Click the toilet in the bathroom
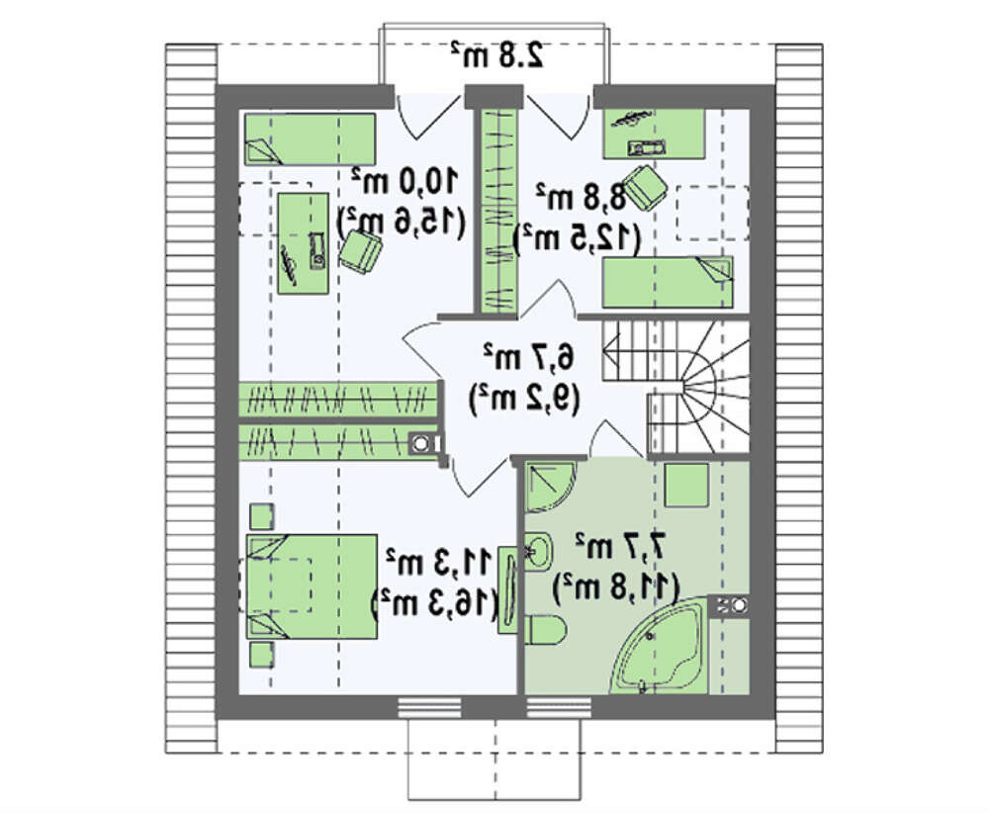tap(546, 630)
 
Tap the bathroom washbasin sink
tap(538, 551)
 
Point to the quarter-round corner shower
tap(549, 487)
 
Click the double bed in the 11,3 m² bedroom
tap(312, 587)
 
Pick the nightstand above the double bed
tap(262, 516)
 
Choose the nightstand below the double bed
tap(262, 655)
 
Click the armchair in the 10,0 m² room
tap(361, 251)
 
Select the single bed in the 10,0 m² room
tap(310, 138)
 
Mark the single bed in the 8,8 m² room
tap(668, 282)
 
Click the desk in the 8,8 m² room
tap(654, 134)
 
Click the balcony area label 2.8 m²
tap(497, 55)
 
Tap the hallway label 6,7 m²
tap(528, 357)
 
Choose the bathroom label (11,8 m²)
tap(615, 587)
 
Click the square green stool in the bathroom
tap(687, 485)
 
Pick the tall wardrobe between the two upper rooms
tap(498, 211)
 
